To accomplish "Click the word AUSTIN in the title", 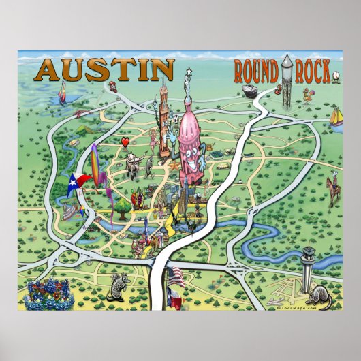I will pos(106,69).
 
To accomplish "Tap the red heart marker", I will pos(125,141).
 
